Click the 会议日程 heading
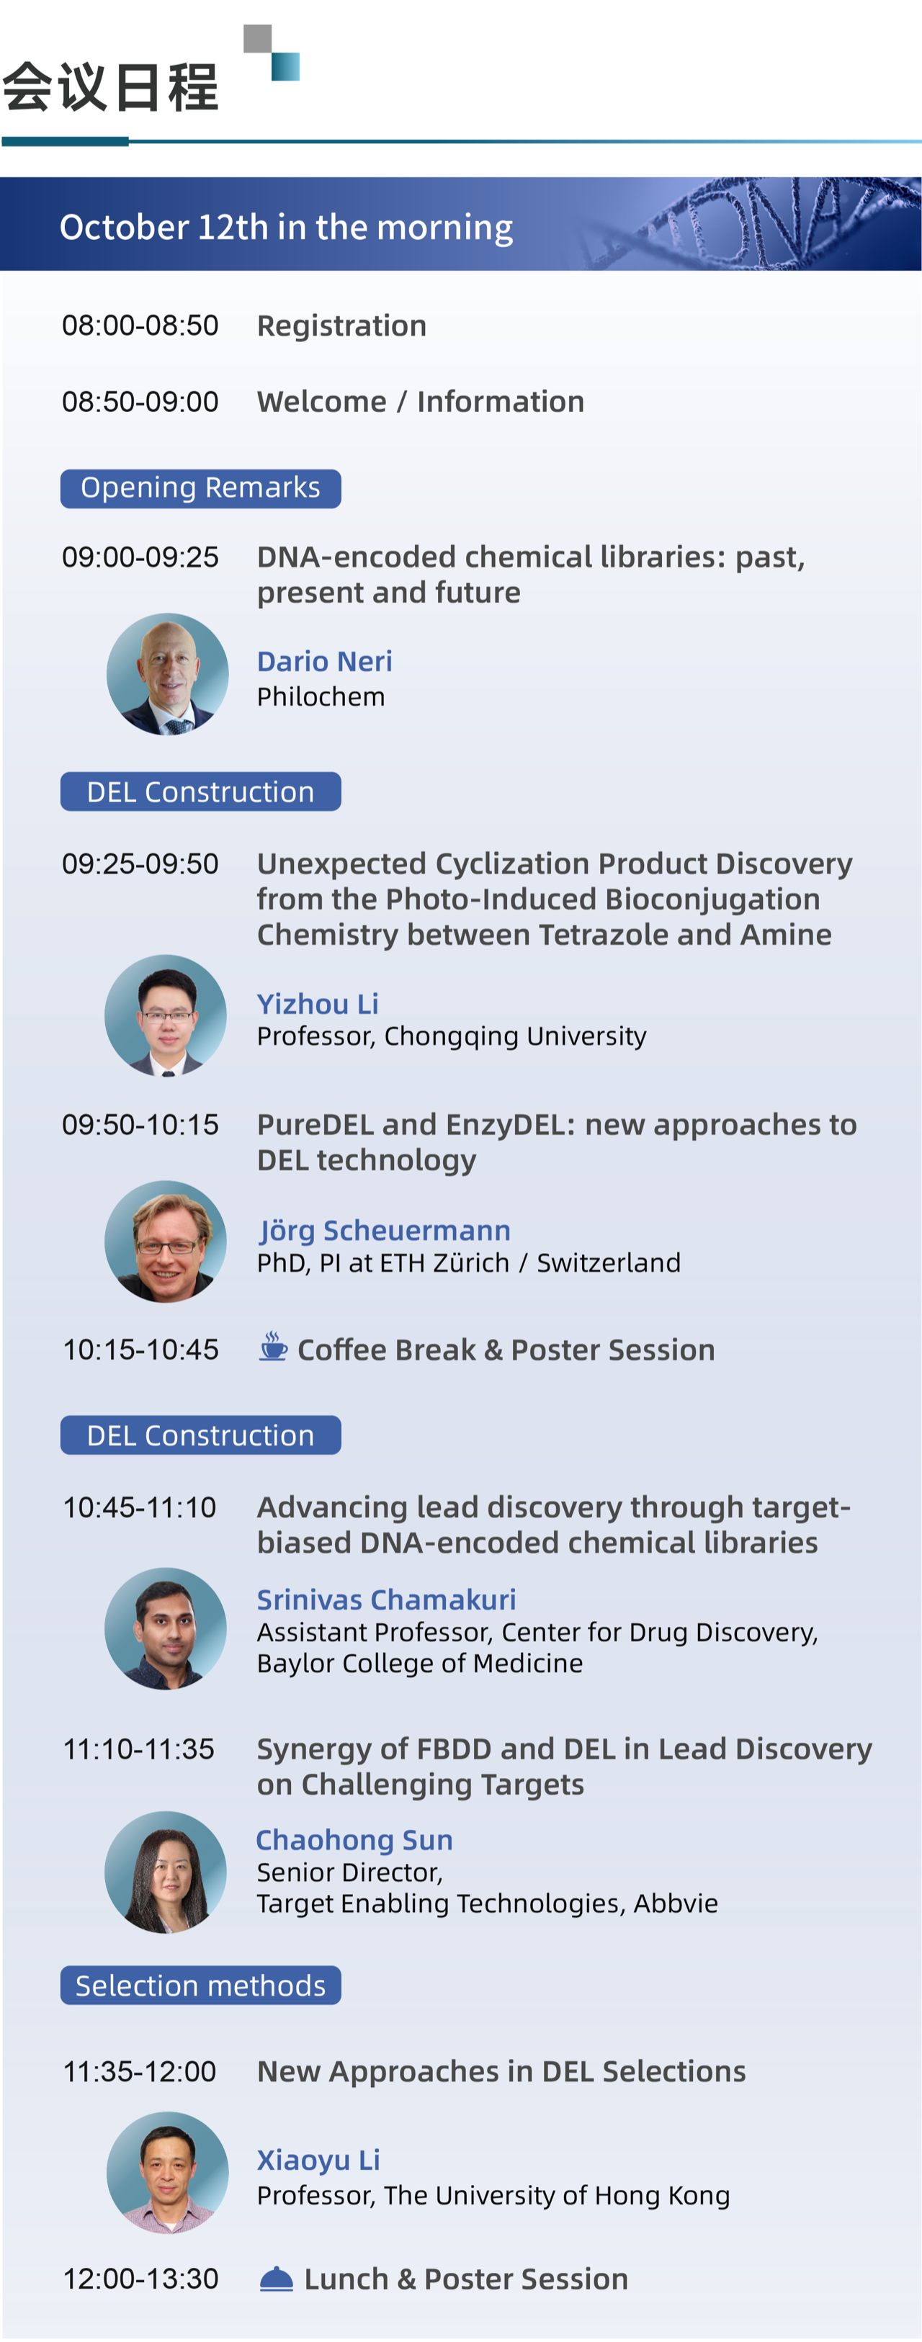point(110,87)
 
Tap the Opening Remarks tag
point(201,488)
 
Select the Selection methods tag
point(201,1985)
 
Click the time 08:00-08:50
point(140,326)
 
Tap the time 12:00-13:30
point(140,2279)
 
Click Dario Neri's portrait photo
point(167,673)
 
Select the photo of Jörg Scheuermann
point(166,1241)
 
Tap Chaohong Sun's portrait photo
point(166,1872)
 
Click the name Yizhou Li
point(318,1004)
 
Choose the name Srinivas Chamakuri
point(386,1600)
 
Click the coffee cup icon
point(273,1347)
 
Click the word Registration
point(342,326)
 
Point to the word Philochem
point(321,696)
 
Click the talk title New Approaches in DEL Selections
point(501,2071)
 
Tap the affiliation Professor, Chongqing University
point(452,1036)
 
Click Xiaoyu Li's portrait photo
point(167,2172)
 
